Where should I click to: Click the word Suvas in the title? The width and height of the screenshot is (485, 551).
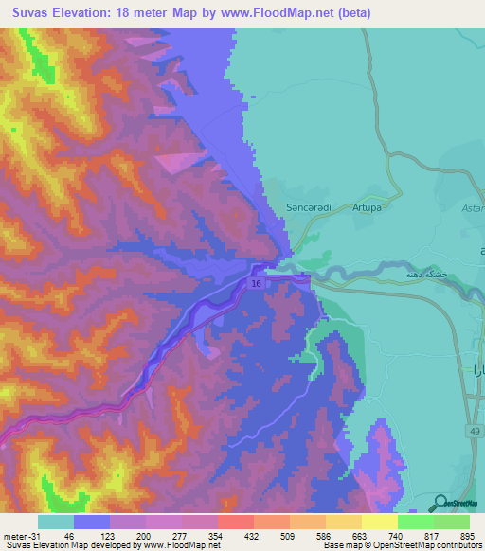26,13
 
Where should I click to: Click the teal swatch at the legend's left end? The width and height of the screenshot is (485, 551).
56,522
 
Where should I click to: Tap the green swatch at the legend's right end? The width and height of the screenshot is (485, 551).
452,522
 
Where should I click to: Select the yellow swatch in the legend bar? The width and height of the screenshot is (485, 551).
379,522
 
